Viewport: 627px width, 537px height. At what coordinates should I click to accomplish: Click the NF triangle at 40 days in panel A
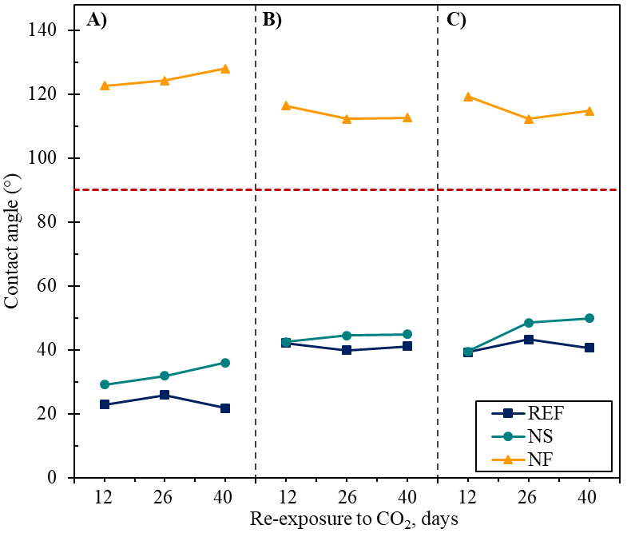[x=225, y=69]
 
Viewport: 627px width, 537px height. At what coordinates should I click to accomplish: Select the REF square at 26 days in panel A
[x=165, y=395]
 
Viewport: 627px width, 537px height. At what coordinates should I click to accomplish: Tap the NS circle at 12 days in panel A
[x=104, y=384]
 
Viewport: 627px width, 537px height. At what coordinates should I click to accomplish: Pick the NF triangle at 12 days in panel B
[x=286, y=105]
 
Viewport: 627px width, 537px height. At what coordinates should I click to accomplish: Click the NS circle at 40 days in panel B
[x=407, y=334]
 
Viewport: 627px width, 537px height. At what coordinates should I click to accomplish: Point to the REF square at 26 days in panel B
[x=347, y=350]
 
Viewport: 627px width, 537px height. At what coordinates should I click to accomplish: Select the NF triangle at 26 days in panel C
[x=529, y=118]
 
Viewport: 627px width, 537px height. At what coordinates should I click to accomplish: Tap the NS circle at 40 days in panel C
[x=589, y=318]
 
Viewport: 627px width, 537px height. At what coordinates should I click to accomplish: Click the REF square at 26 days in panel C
[x=529, y=339]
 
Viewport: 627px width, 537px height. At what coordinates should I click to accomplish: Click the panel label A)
[x=96, y=21]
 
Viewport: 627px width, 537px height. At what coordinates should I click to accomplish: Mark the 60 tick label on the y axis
[x=51, y=286]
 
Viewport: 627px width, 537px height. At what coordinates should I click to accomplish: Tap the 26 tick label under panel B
[x=347, y=496]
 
